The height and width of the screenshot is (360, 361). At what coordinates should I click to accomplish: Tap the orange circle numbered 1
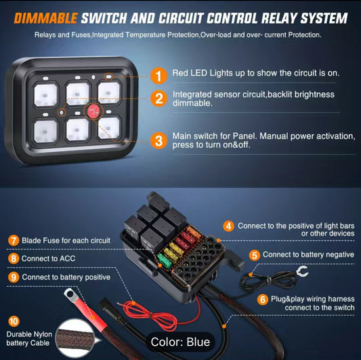tap(158, 74)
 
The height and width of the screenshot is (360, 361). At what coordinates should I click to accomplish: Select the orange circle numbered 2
tap(158, 100)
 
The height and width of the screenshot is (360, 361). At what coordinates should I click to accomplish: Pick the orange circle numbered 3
tap(158, 141)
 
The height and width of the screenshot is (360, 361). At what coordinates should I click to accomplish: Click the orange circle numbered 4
tap(228, 225)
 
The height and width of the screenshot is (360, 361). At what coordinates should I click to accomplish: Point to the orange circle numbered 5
tap(255, 255)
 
